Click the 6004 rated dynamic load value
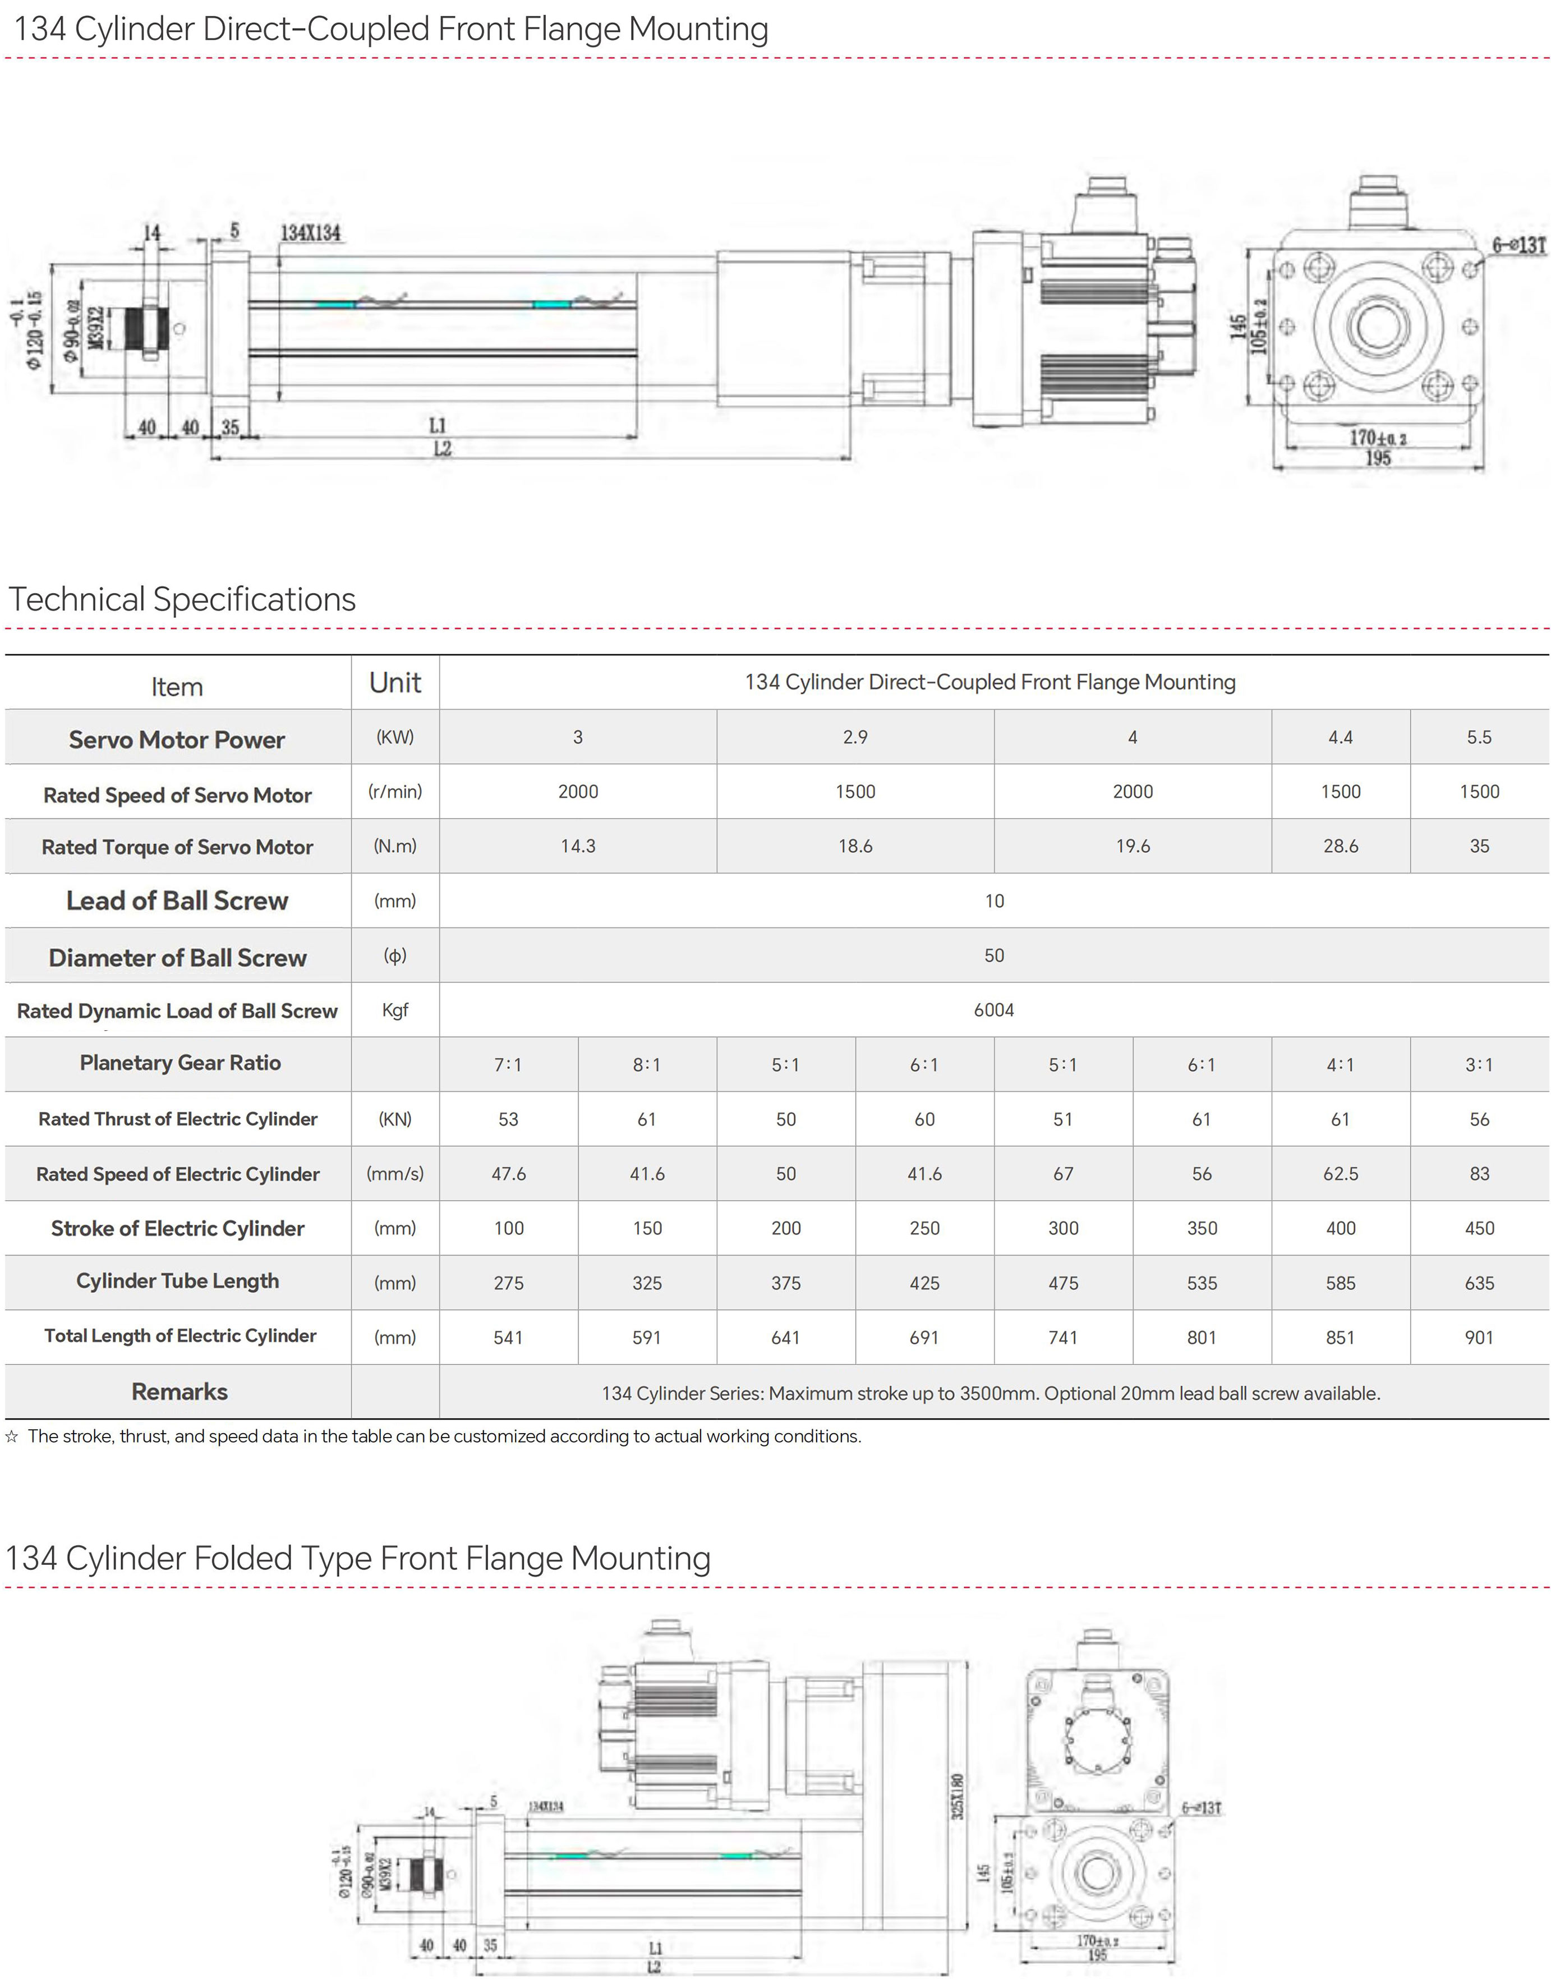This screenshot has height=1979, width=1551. pyautogui.click(x=993, y=1010)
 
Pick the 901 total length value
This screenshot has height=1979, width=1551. pyautogui.click(x=1478, y=1337)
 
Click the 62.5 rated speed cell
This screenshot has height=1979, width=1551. pyautogui.click(x=1340, y=1173)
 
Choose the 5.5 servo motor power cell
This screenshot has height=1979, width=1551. pyautogui.click(x=1478, y=737)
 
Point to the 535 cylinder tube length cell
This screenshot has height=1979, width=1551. pyautogui.click(x=1202, y=1283)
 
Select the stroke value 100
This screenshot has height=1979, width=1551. pyautogui.click(x=509, y=1228)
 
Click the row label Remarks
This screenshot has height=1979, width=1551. pyautogui.click(x=179, y=1392)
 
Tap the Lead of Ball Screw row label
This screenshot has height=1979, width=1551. pyautogui.click(x=177, y=901)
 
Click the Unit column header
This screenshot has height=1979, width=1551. pyautogui.click(x=395, y=683)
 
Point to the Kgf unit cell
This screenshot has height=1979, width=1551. pyautogui.click(x=395, y=1010)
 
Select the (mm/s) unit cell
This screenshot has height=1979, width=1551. pyautogui.click(x=395, y=1173)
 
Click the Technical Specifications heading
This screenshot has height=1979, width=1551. pyautogui.click(x=182, y=599)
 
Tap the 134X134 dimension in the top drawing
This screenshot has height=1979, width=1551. pyautogui.click(x=311, y=233)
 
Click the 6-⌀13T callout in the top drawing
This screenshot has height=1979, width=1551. pyautogui.click(x=1518, y=245)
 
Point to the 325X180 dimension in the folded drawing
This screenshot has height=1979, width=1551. pyautogui.click(x=958, y=1797)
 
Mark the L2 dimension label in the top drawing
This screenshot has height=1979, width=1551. pyautogui.click(x=442, y=449)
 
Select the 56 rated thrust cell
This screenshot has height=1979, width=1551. pyautogui.click(x=1478, y=1119)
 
